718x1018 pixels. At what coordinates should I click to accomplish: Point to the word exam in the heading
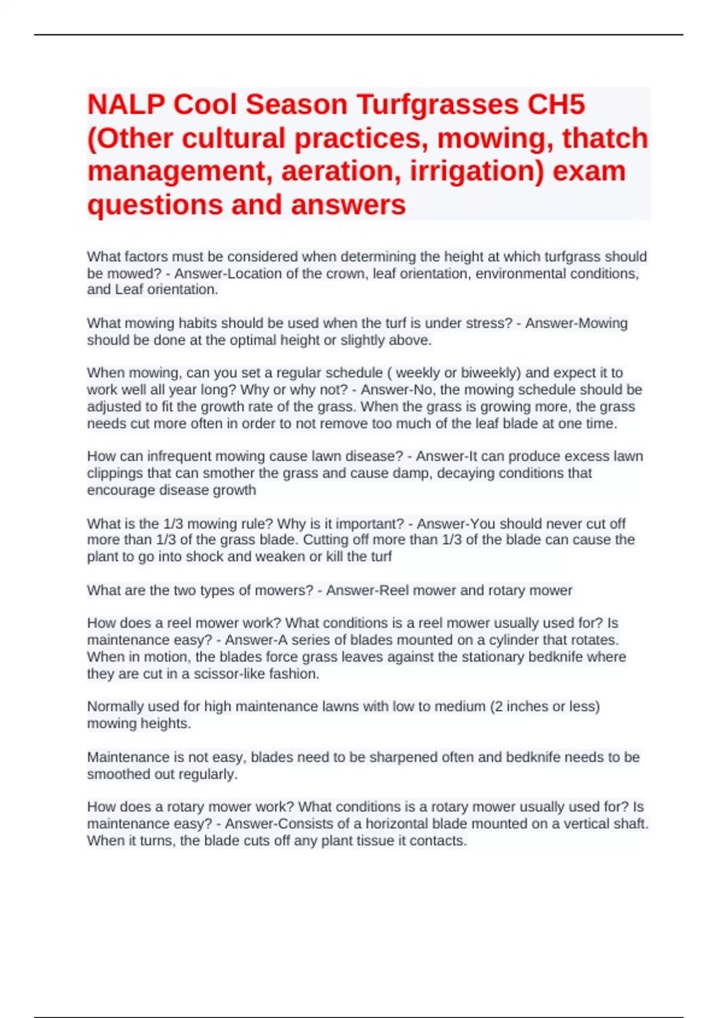[x=589, y=171]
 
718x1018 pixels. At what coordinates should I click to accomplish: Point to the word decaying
[x=475, y=473]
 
